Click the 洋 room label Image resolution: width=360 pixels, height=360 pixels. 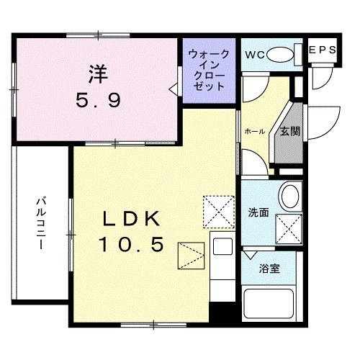(x=98, y=73)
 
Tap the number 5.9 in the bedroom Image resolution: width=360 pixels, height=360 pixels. (x=98, y=100)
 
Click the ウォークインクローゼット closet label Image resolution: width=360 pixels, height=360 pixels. (x=210, y=70)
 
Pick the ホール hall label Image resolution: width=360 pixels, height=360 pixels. (x=253, y=132)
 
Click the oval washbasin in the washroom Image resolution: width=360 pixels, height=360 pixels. (x=289, y=194)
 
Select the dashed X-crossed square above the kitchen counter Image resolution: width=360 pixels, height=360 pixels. (x=219, y=210)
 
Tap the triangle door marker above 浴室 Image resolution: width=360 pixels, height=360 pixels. (x=250, y=255)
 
